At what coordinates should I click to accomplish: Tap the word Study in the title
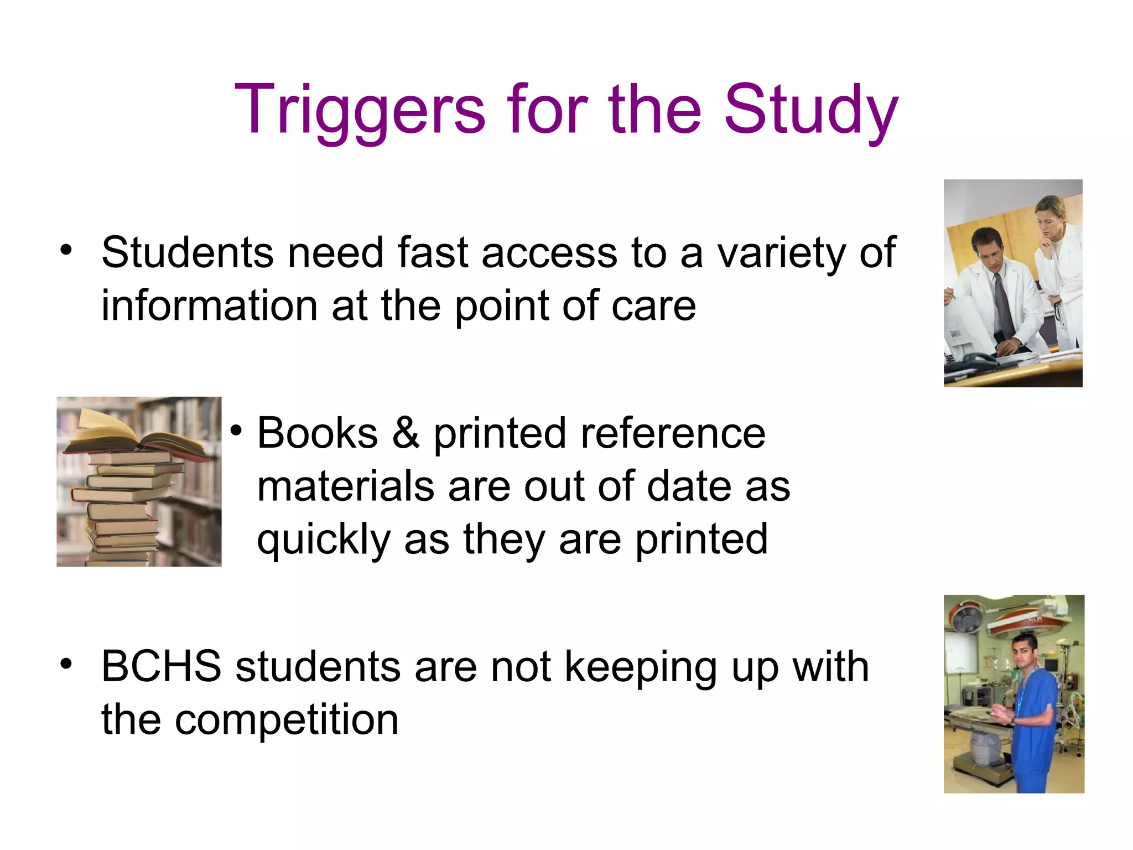[x=811, y=111]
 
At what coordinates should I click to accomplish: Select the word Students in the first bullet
[x=188, y=253]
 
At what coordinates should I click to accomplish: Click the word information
[x=209, y=305]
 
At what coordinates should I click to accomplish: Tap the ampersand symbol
[x=406, y=433]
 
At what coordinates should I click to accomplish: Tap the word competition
[x=287, y=720]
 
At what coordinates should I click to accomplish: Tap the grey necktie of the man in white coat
[x=1001, y=302]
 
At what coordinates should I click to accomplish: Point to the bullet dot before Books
[x=237, y=431]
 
